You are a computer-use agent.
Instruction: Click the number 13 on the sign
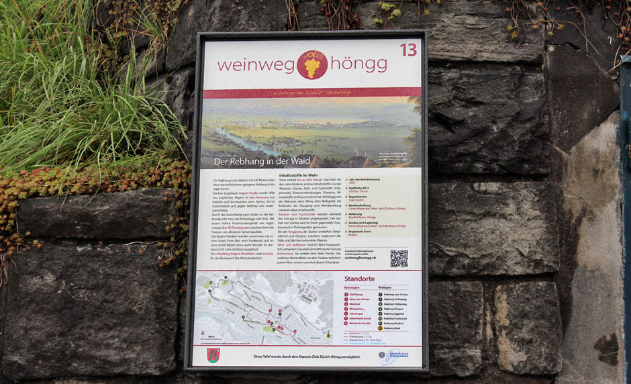408,50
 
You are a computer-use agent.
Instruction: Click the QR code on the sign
399,258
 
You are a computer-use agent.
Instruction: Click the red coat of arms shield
213,355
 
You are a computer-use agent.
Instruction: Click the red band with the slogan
311,93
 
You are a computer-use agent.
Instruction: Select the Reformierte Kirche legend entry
360,318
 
